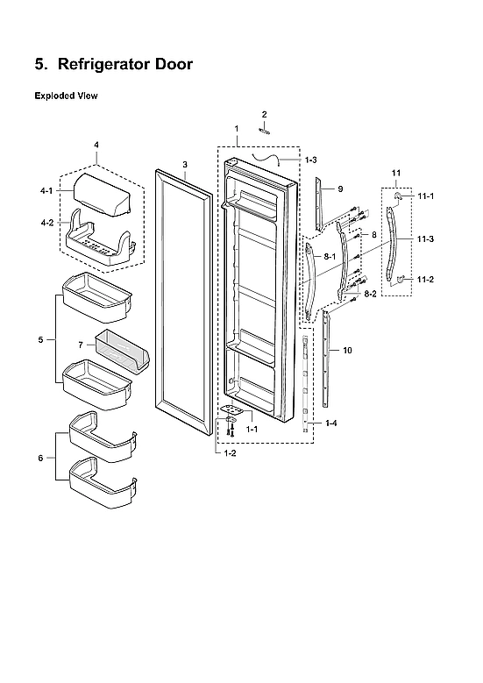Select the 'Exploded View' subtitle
[x=66, y=95]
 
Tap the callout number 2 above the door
[x=264, y=114]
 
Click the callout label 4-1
[x=46, y=190]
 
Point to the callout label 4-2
[x=46, y=223]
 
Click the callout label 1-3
[x=311, y=160]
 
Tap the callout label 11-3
[x=425, y=238]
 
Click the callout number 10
[x=347, y=350]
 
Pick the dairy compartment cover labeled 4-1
[x=103, y=189]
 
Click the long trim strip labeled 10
[x=329, y=359]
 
